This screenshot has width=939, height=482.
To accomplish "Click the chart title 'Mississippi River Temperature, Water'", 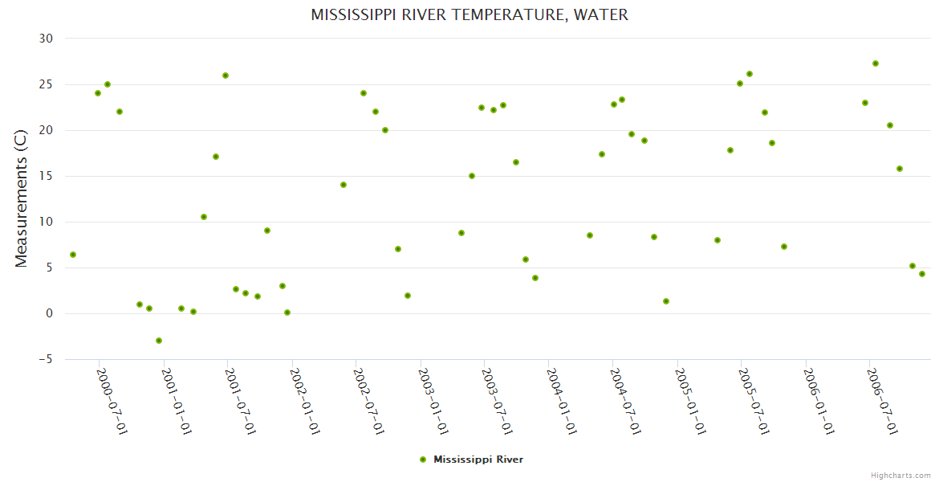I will [469, 15].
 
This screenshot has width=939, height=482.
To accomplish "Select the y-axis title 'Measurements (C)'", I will [22, 198].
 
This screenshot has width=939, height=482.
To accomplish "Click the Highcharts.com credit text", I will [901, 475].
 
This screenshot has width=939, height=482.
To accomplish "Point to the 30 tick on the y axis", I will [46, 39].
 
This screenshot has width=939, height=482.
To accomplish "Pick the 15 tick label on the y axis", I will [46, 176].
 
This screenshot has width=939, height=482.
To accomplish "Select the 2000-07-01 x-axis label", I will [112, 401].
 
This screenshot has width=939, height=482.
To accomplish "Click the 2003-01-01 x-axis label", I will [434, 401].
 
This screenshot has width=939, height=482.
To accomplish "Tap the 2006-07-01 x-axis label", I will [883, 401].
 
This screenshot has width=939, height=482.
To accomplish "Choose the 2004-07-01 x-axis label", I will [626, 401].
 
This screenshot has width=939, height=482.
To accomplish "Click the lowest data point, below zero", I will [159, 341].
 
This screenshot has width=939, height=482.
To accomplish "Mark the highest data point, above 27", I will [876, 63].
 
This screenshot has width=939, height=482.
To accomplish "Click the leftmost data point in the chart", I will [73, 255].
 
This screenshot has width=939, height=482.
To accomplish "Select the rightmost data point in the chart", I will [922, 274].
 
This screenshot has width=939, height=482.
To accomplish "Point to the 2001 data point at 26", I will [226, 76].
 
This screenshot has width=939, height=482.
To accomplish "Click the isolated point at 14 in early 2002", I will [343, 185].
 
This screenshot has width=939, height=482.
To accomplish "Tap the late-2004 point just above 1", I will [666, 301].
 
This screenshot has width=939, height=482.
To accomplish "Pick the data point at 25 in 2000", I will [108, 84].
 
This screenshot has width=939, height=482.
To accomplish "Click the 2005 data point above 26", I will [750, 74].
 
